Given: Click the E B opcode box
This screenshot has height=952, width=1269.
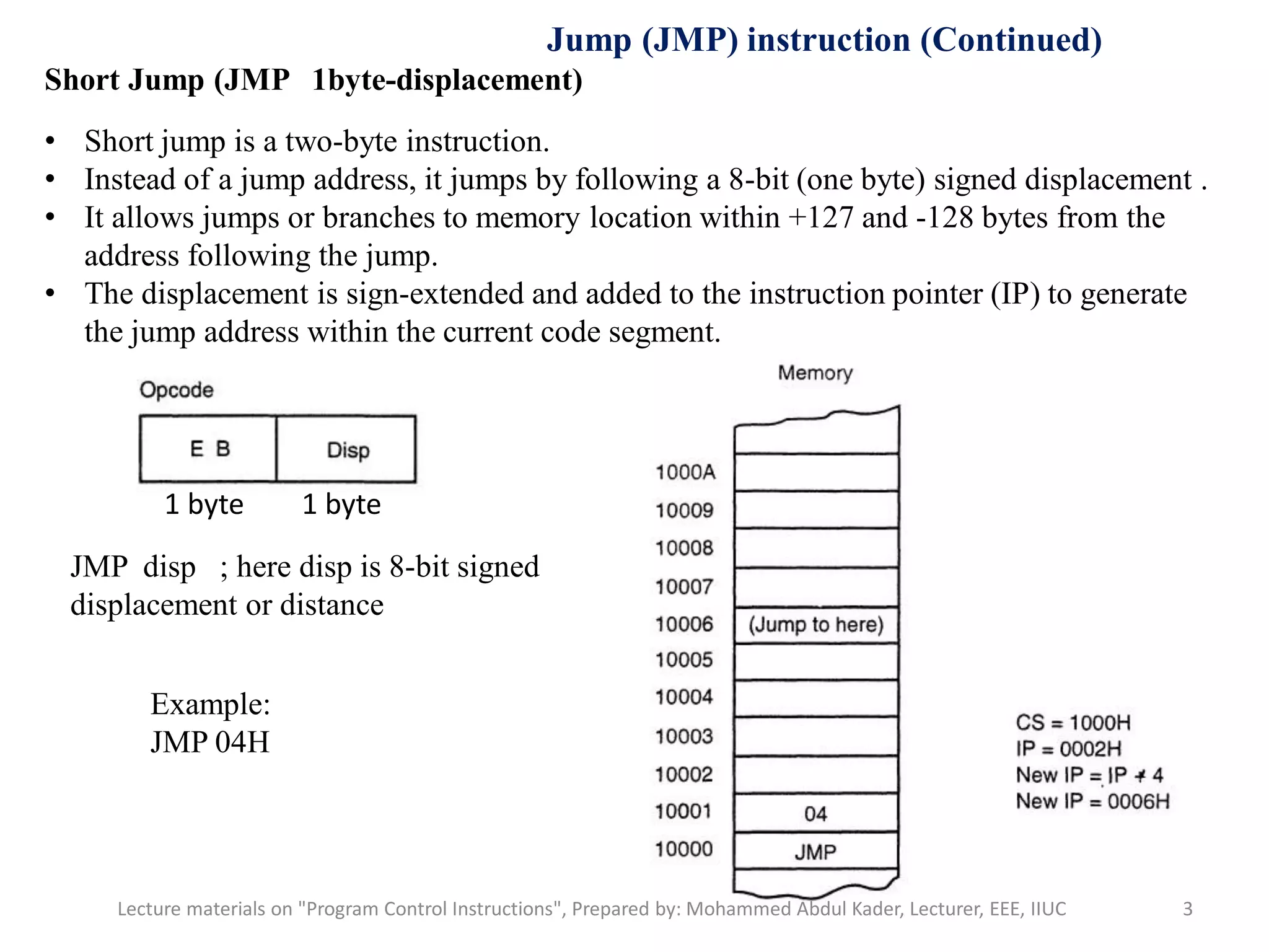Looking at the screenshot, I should tap(208, 449).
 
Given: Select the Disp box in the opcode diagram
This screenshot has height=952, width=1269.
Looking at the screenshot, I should tap(346, 449).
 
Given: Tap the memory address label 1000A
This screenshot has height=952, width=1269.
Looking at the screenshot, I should tap(685, 472).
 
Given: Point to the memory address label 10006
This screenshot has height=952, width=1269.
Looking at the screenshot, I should tap(685, 624).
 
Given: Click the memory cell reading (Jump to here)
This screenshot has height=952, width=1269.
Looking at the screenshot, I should tap(816, 625).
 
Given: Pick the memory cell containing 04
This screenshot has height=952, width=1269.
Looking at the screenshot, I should tap(816, 813).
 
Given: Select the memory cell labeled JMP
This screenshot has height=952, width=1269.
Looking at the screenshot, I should tap(816, 852).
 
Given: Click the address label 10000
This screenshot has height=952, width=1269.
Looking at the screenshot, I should tap(684, 849).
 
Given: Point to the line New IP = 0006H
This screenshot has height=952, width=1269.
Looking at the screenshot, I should tap(1092, 801).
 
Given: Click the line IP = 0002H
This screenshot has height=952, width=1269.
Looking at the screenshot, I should tap(1069, 749).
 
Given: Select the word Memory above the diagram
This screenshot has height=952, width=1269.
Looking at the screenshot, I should tap(815, 373).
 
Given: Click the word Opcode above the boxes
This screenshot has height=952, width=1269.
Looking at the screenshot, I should tap(177, 390).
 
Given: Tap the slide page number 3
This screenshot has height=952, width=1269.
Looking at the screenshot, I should tap(1187, 909).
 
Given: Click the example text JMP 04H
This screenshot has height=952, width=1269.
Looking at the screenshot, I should tap(210, 743).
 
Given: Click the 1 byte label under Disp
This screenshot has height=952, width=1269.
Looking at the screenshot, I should tap(341, 505).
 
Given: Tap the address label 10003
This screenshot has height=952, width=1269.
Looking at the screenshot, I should tap(684, 736).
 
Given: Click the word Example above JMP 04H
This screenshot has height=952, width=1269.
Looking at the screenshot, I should tap(210, 705).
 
